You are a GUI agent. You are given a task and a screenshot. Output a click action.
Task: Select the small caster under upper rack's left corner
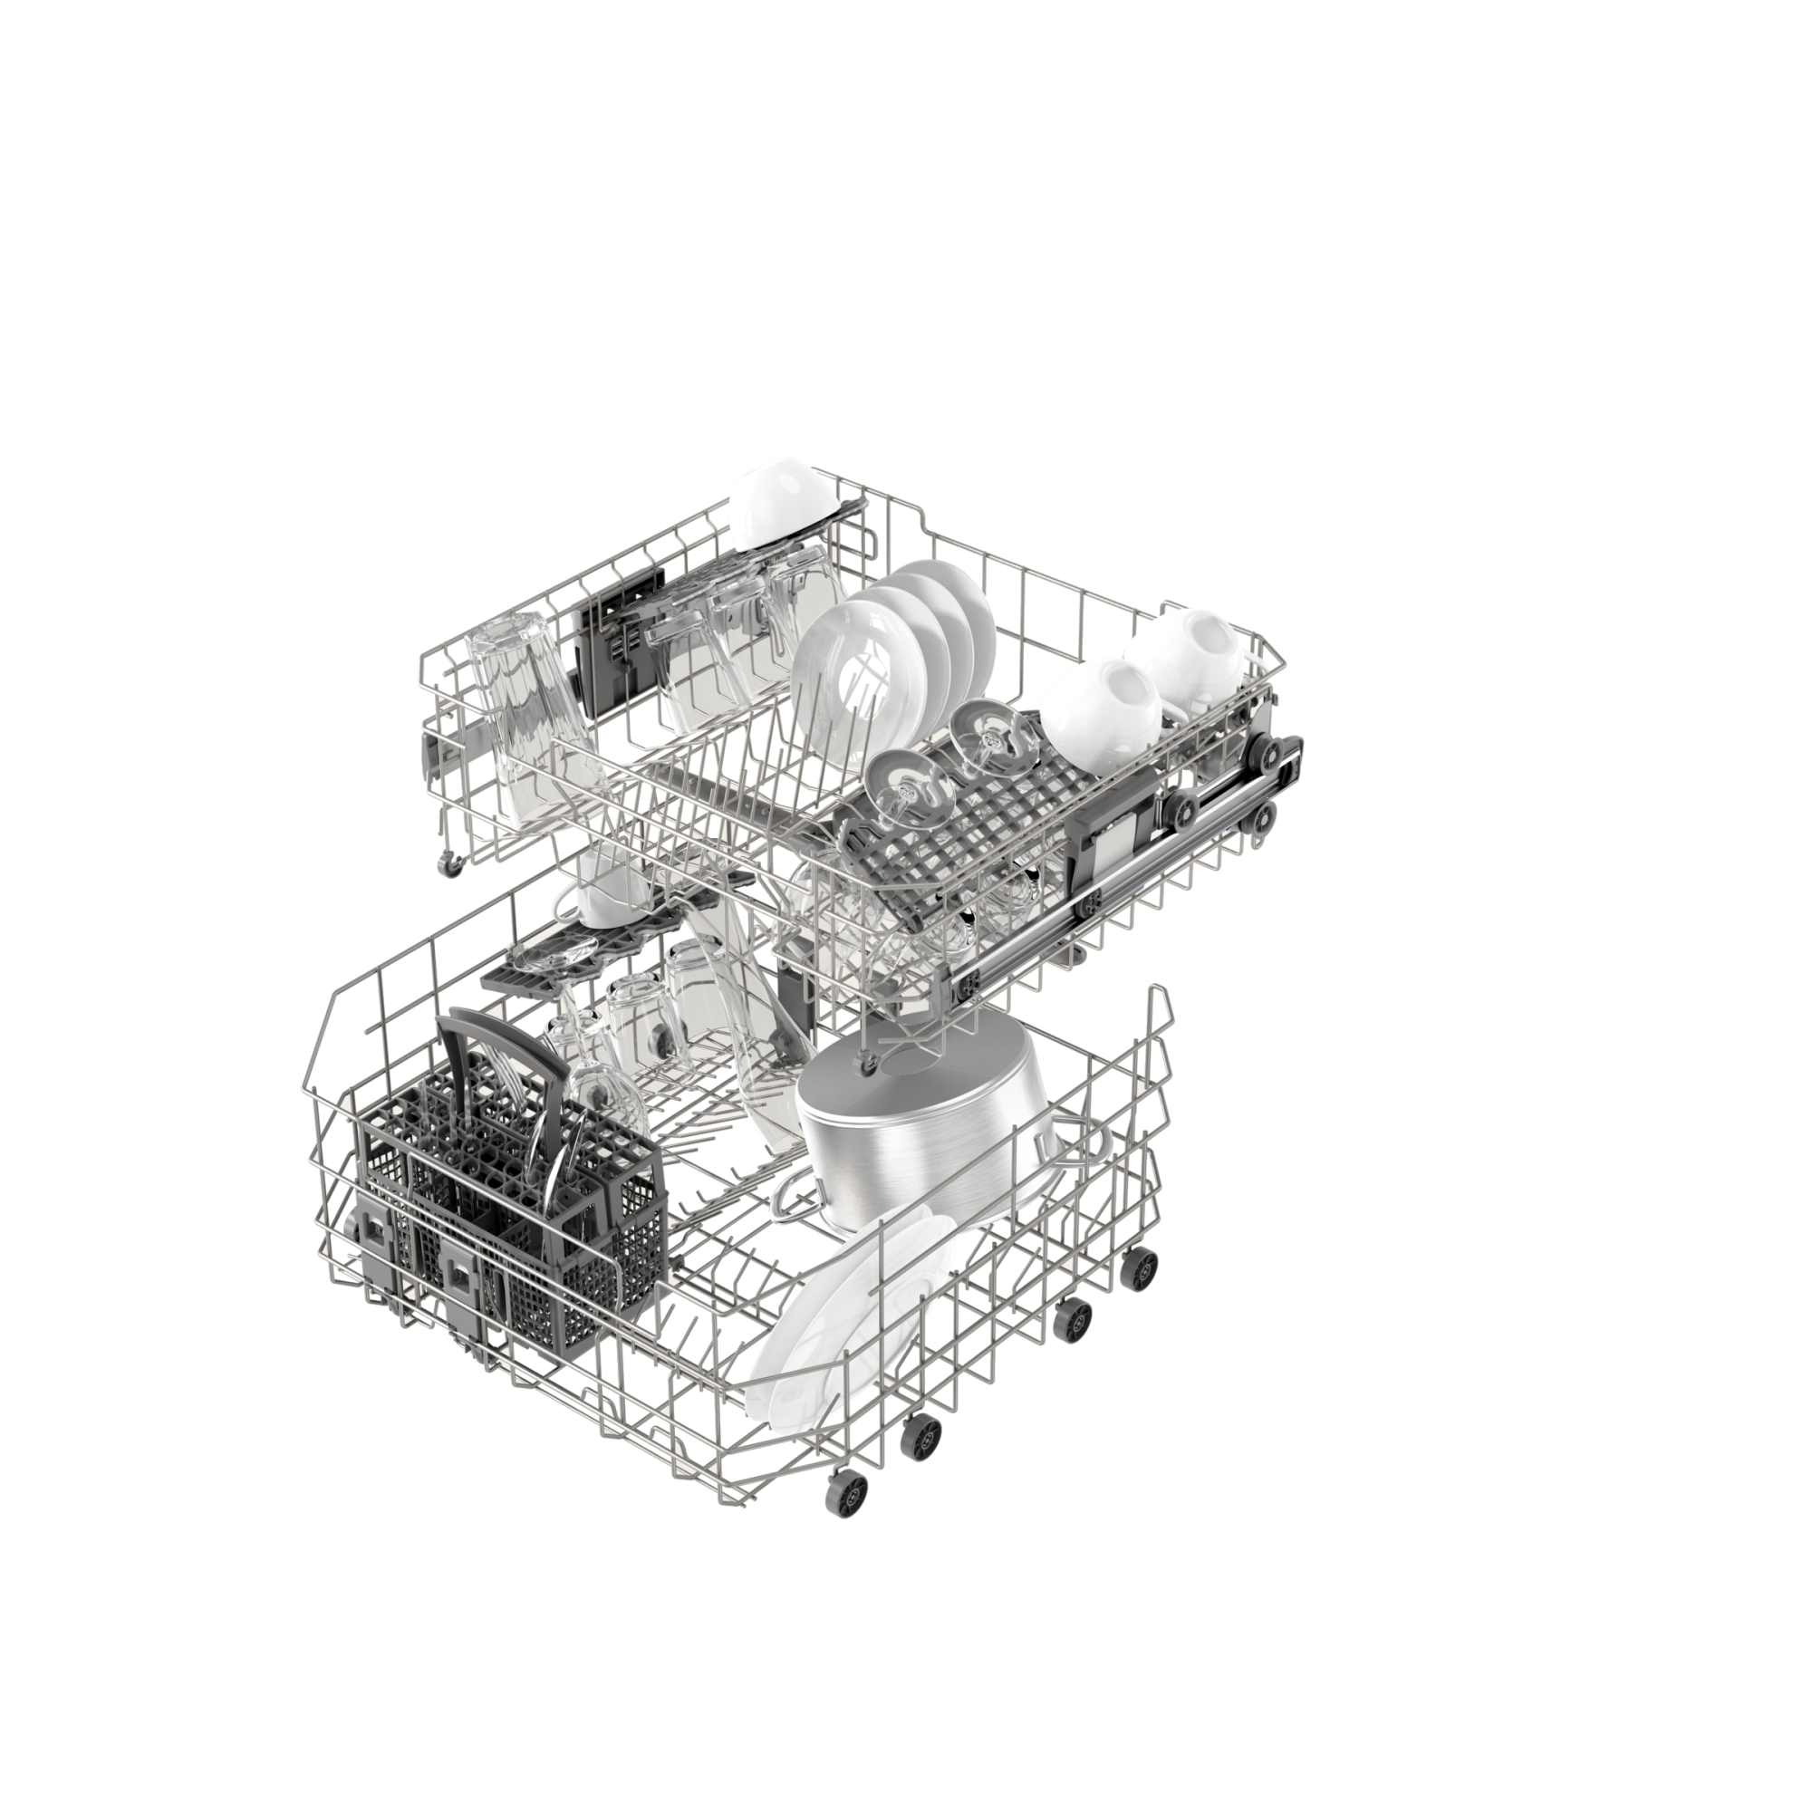click(x=453, y=864)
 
